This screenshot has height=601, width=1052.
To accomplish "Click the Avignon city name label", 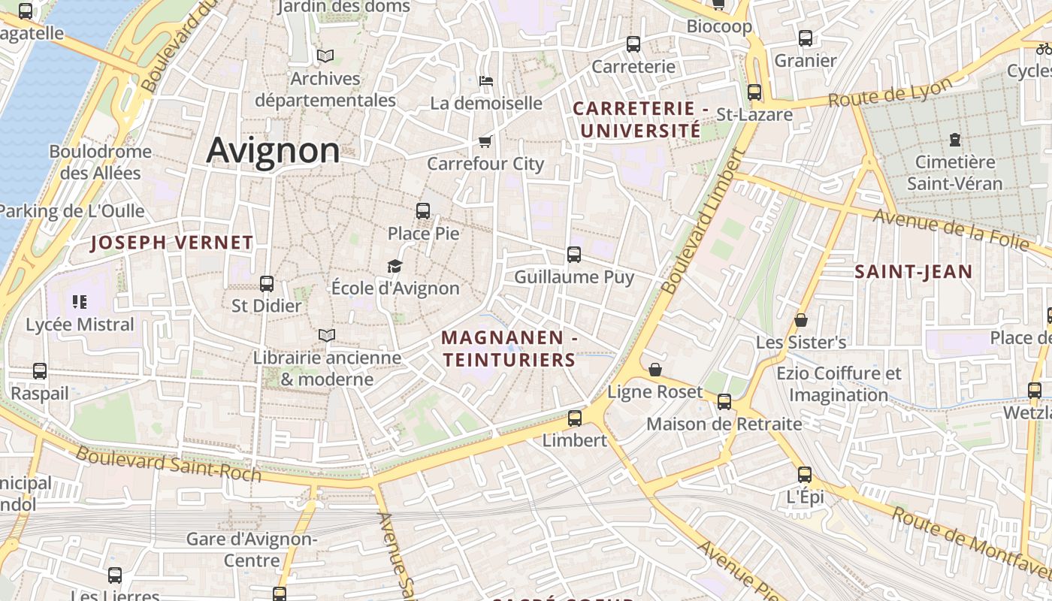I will [x=274, y=150].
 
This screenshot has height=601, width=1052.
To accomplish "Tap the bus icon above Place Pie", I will [x=423, y=211].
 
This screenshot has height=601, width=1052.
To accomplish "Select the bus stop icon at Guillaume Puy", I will [x=574, y=255].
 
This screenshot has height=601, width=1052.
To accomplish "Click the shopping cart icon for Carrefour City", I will [x=485, y=141].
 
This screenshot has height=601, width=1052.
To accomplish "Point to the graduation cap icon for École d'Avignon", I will [x=394, y=266].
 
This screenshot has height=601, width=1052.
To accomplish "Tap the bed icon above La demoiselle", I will [x=486, y=80].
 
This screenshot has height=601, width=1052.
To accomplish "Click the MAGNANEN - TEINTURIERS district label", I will [x=509, y=349].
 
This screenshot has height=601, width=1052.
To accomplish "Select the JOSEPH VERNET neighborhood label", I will [x=172, y=243].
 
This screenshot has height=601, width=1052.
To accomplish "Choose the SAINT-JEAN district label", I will [x=913, y=272].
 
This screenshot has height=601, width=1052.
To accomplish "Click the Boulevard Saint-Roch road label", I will [x=168, y=464].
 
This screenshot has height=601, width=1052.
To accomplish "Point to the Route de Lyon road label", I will [x=890, y=92].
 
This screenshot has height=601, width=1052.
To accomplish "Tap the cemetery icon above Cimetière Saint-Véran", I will [x=954, y=140].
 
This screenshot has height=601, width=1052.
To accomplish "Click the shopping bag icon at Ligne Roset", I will [x=655, y=370].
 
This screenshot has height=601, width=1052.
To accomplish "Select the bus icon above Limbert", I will [x=575, y=418].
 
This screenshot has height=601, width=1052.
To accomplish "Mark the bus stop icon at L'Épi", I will [x=805, y=475].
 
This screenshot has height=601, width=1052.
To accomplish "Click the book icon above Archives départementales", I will [x=325, y=56].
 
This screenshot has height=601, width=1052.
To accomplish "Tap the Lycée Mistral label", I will [x=80, y=325].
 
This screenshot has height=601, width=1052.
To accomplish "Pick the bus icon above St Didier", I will [x=267, y=284].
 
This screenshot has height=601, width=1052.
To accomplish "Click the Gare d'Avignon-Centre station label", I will [x=252, y=550].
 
